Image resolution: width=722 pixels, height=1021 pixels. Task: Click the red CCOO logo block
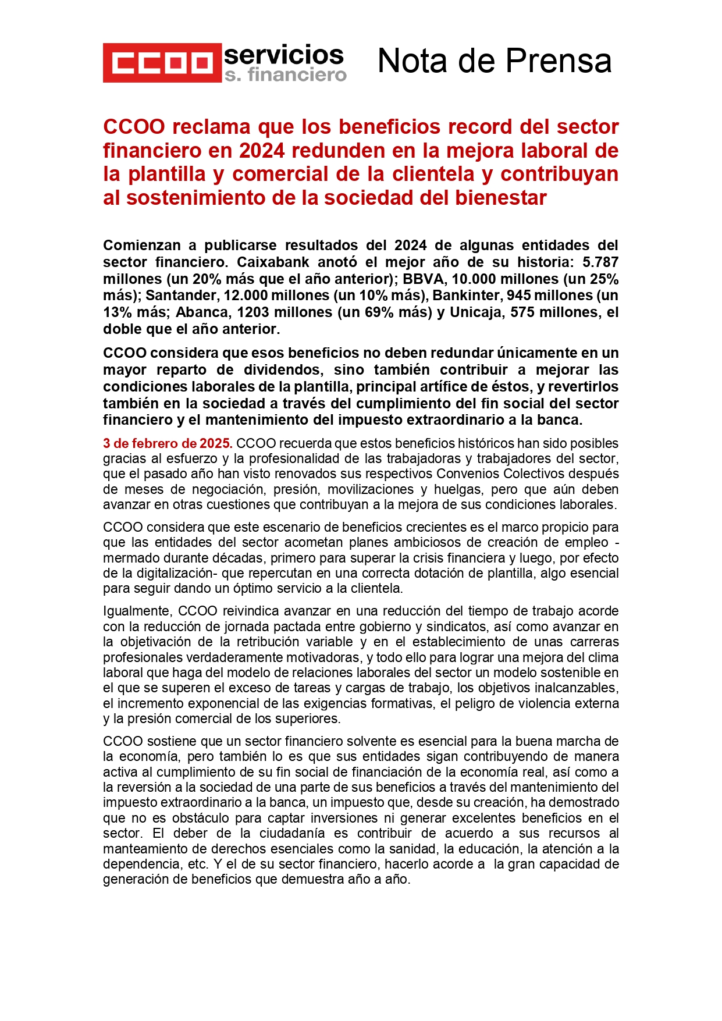[x=162, y=63]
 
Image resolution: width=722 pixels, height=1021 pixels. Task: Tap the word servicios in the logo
[x=284, y=55]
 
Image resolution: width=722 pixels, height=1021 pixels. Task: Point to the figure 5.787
[x=600, y=262]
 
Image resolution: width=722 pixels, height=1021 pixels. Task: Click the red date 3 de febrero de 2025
[x=168, y=444]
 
